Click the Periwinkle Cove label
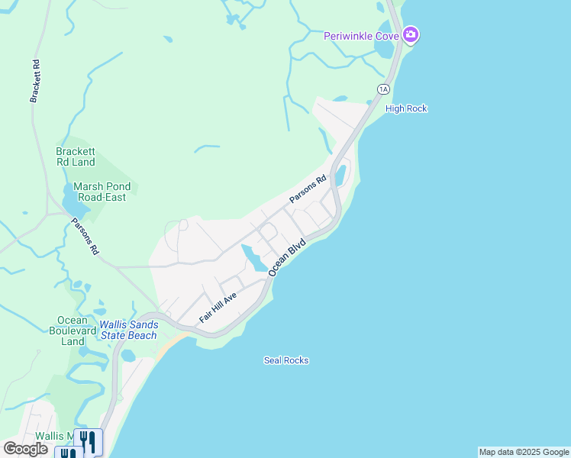pos(362,35)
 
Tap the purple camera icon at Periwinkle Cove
pos(411,34)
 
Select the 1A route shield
pos(383,89)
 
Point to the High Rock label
pos(406,108)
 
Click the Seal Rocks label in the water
pos(286,360)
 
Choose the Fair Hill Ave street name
pos(218,308)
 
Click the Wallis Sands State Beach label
pos(128,330)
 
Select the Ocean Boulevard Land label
pos(73,331)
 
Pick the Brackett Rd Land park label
pos(76,156)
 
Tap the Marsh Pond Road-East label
pos(102,191)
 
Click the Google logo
pos(25,448)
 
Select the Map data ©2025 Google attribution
pos(524,452)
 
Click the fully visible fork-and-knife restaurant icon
pos(89,440)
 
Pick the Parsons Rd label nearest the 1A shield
pos(308,189)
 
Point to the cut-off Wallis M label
pos(60,437)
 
